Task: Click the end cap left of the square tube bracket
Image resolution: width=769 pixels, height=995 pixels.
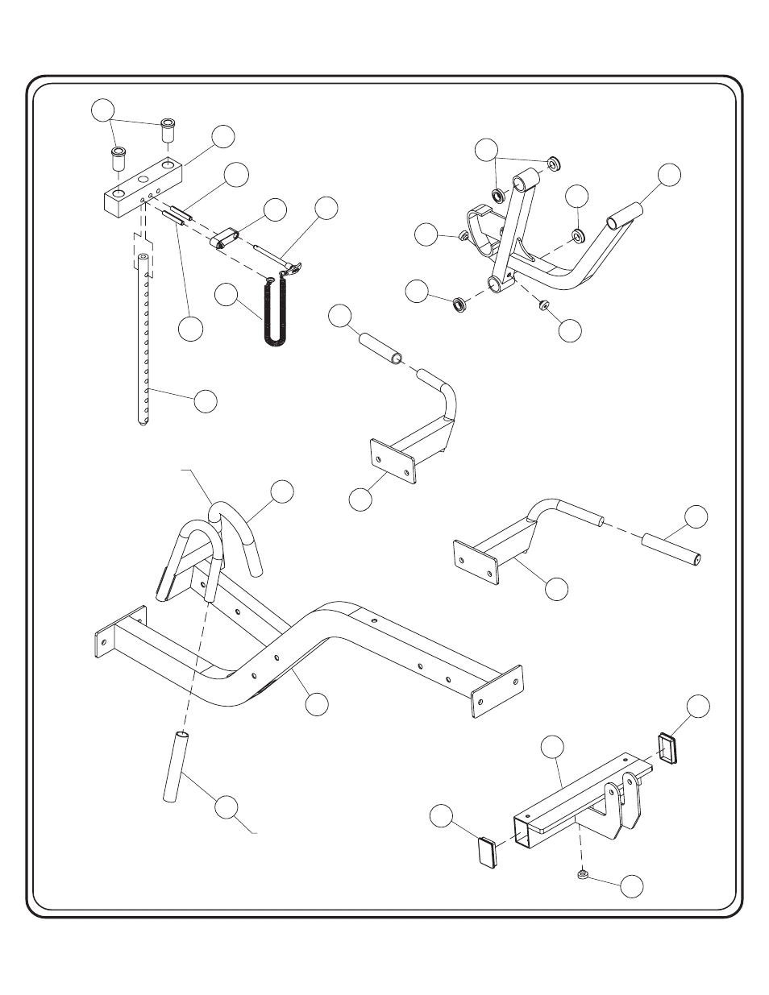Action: [488, 852]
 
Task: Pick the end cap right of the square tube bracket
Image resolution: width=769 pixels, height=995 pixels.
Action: [668, 747]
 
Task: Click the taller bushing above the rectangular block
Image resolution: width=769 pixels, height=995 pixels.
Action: [168, 131]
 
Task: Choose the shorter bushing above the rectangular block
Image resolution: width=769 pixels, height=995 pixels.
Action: [118, 156]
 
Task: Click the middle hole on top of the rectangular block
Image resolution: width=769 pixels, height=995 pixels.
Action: [143, 179]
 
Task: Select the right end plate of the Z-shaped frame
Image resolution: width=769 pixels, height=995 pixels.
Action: [495, 689]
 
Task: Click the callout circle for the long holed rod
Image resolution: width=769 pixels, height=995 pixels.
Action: [206, 400]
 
